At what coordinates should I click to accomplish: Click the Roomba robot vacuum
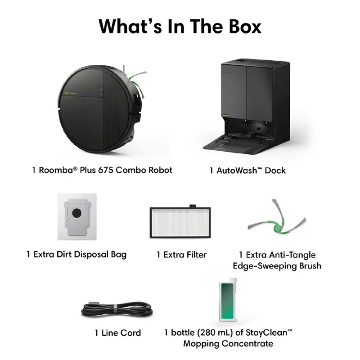(x=100, y=109)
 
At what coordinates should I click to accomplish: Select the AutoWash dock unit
(x=246, y=106)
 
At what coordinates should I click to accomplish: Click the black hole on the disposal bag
(x=76, y=213)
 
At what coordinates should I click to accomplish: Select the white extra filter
(x=180, y=222)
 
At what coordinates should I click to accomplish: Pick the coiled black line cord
(x=117, y=310)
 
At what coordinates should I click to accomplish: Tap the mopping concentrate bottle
(x=228, y=300)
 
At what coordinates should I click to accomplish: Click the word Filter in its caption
(x=196, y=255)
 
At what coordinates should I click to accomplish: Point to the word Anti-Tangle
(x=292, y=255)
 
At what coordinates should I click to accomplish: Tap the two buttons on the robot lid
(x=101, y=91)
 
